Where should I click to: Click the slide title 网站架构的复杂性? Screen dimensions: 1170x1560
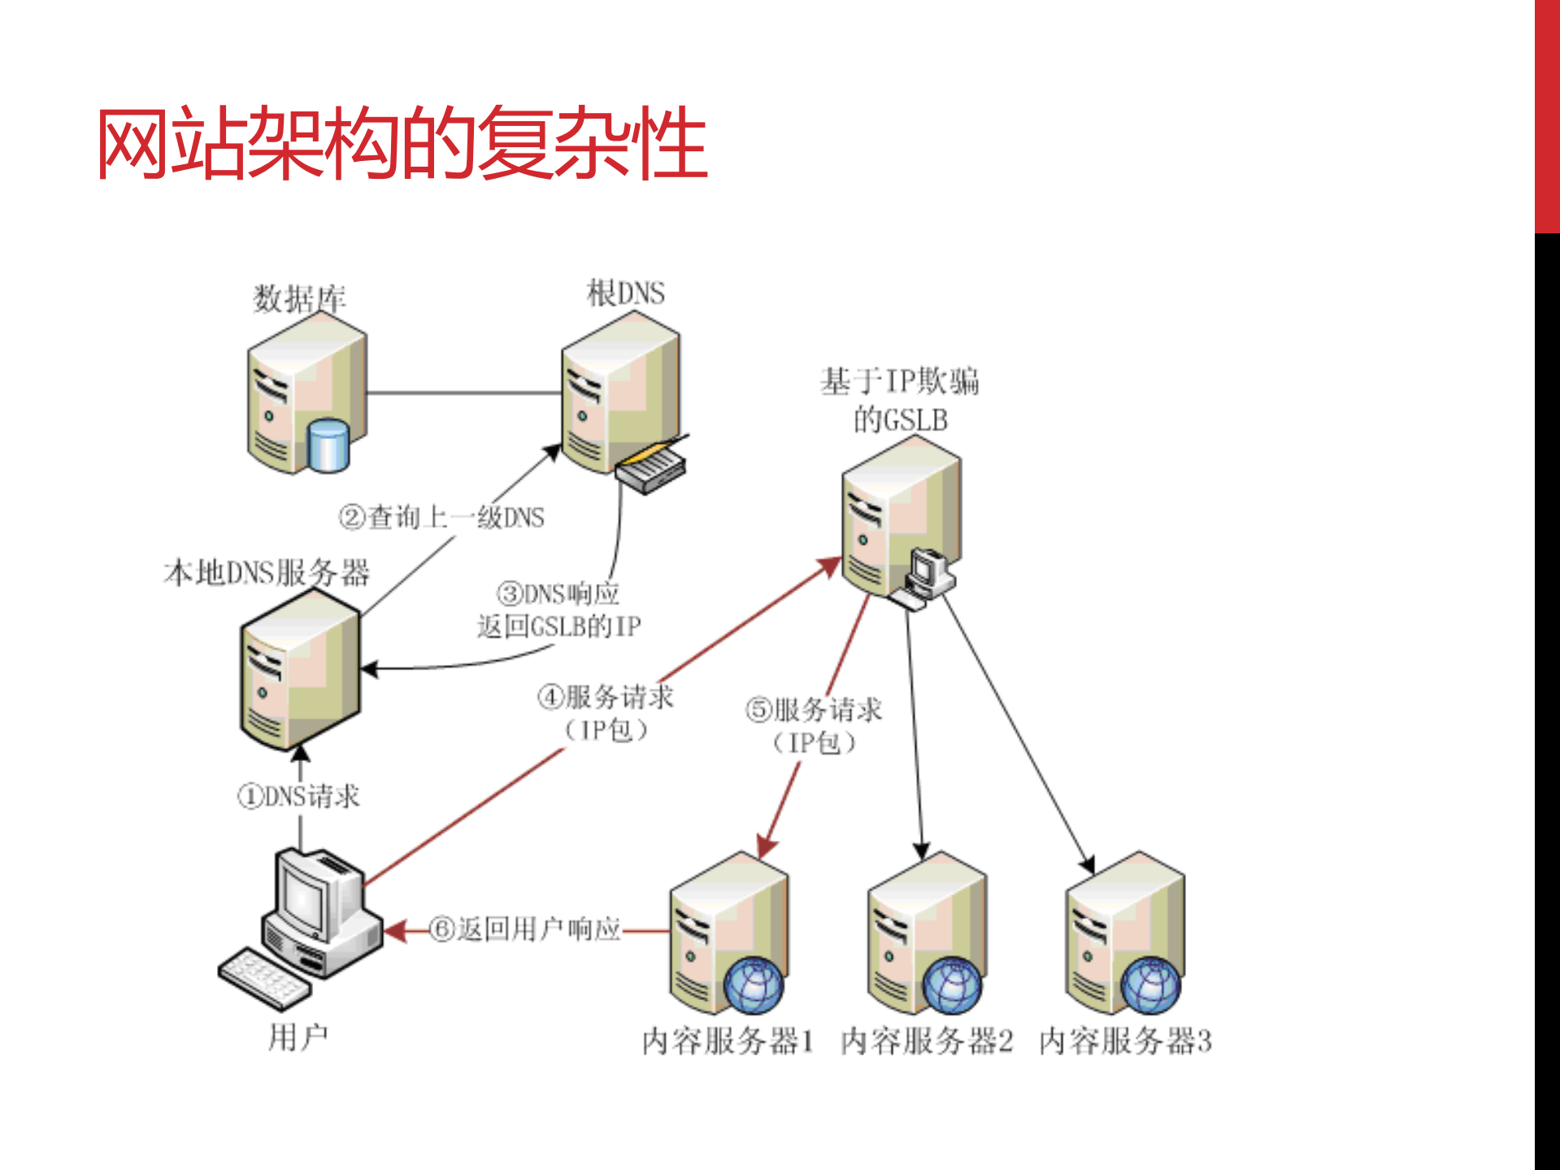click(x=402, y=144)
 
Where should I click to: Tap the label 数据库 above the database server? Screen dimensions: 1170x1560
click(x=299, y=298)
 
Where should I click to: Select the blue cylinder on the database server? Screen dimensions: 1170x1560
click(x=329, y=445)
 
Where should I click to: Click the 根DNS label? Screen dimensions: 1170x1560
click(x=625, y=293)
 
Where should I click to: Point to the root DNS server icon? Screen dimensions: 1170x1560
click(x=619, y=394)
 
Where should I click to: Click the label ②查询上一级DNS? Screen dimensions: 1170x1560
click(x=441, y=517)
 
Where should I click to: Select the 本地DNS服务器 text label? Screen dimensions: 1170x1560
click(x=267, y=572)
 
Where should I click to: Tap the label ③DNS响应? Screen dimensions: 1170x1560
click(x=558, y=594)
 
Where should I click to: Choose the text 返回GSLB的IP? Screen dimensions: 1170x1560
click(x=558, y=626)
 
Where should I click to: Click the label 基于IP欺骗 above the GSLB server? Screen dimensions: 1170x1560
click(x=899, y=381)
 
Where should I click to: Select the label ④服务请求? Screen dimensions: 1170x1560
click(x=606, y=697)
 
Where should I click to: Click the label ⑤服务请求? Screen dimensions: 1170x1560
click(x=814, y=709)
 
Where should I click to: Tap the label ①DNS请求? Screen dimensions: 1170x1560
click(x=298, y=796)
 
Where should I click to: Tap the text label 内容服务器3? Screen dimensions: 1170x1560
click(x=1125, y=1041)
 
